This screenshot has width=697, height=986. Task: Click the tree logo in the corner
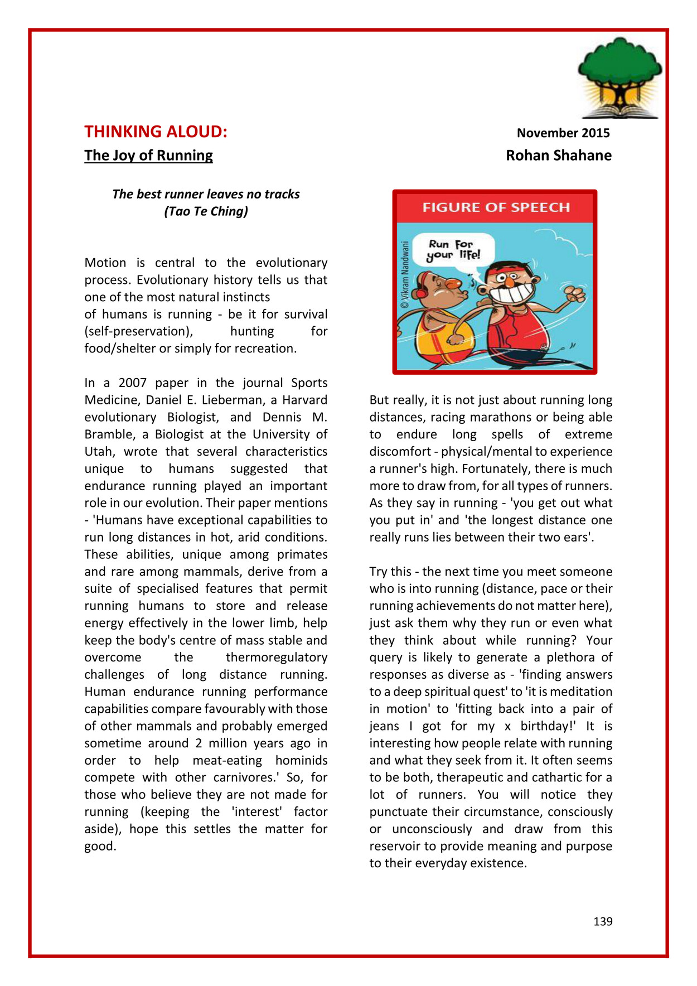(619, 78)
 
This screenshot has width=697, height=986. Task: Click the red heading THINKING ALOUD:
(156, 132)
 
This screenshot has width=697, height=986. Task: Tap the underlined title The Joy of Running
(148, 155)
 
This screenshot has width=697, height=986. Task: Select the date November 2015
(563, 133)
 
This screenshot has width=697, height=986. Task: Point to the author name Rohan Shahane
(558, 155)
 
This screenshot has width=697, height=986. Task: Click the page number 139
(603, 921)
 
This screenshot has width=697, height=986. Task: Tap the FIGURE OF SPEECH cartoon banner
(495, 207)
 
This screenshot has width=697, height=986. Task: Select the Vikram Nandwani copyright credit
(405, 274)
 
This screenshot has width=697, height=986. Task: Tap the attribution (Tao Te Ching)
(206, 211)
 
